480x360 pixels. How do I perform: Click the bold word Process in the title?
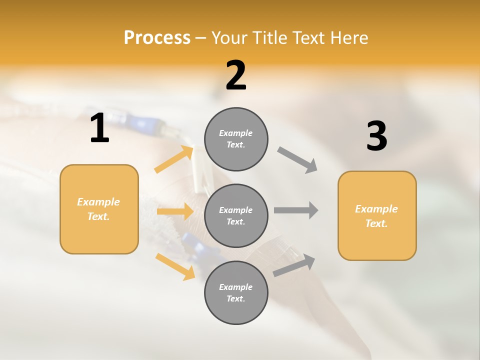[x=157, y=37]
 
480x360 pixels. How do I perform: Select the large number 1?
[x=99, y=128]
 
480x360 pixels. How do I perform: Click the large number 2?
[x=236, y=75]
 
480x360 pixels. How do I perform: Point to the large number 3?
[x=376, y=136]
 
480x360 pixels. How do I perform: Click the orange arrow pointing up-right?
[x=174, y=159]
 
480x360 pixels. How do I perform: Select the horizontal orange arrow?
[x=175, y=211]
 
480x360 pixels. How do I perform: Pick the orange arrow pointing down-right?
[x=175, y=266]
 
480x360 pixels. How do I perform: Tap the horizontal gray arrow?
[x=296, y=210]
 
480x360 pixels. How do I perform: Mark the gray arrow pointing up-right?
[x=294, y=265]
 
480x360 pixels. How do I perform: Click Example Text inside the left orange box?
[x=98, y=209]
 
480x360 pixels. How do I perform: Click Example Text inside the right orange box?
[x=376, y=216]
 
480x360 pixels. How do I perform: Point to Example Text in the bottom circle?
[x=235, y=292]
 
